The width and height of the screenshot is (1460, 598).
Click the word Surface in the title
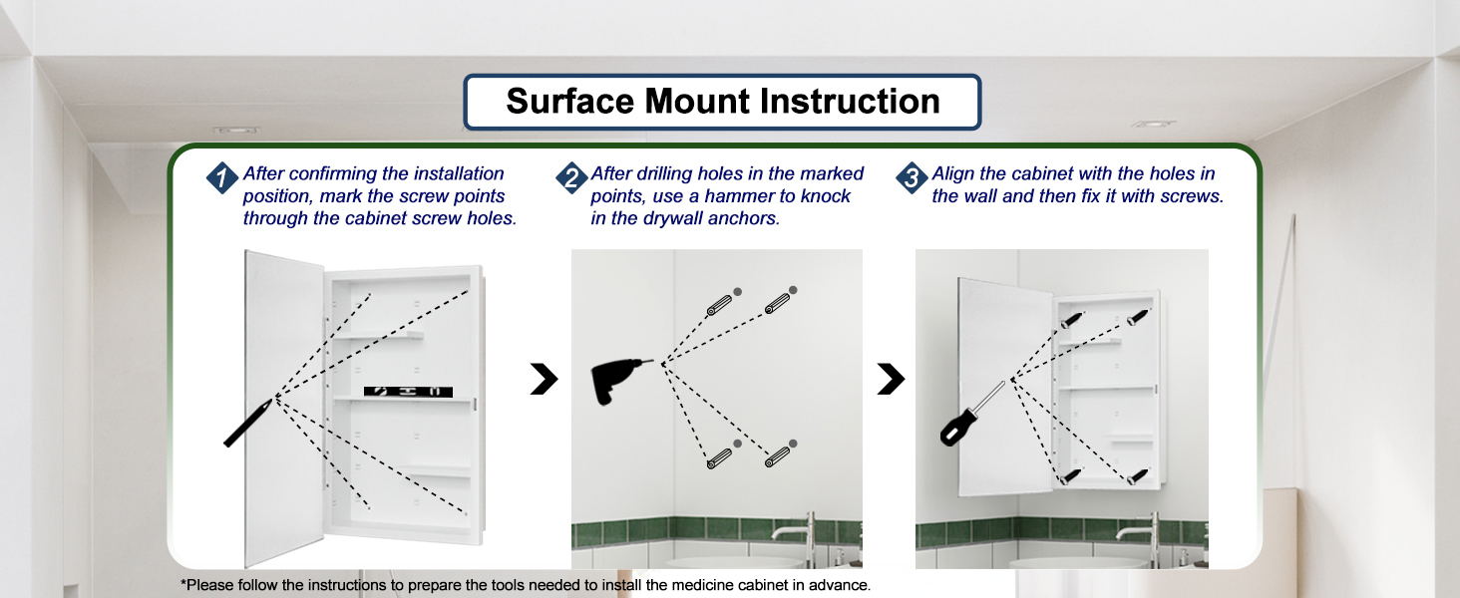(569, 102)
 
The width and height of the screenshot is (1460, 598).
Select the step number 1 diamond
(221, 177)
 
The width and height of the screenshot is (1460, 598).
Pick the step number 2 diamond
(571, 177)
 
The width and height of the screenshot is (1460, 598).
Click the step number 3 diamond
(912, 177)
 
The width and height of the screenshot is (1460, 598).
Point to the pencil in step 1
(247, 424)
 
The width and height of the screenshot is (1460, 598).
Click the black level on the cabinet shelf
(408, 392)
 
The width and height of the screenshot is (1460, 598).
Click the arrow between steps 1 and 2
(545, 379)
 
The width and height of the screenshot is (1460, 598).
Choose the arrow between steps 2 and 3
(891, 379)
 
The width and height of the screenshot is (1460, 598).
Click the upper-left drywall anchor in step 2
(720, 305)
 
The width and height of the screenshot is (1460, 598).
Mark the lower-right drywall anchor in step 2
(777, 456)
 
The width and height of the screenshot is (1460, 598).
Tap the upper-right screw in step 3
(1138, 317)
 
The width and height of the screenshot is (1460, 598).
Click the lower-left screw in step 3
(1071, 476)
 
